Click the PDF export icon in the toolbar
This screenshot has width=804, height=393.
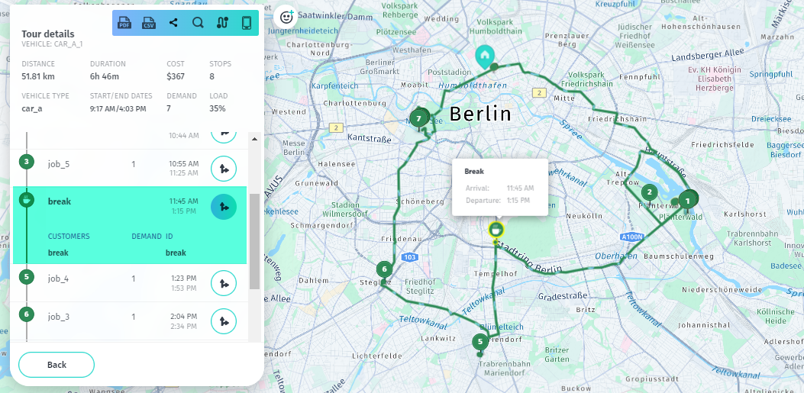(x=124, y=23)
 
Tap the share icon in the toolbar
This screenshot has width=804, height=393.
(x=173, y=23)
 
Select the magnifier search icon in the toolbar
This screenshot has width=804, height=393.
(x=198, y=23)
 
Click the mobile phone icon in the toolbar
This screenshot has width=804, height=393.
(x=247, y=23)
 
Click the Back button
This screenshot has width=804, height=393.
(x=57, y=365)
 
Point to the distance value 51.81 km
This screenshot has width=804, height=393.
(x=38, y=76)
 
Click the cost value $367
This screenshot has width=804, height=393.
(x=176, y=76)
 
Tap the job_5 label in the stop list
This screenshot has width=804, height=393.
(x=59, y=163)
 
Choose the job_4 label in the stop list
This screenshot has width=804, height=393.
(x=59, y=279)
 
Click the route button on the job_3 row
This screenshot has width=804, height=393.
(x=223, y=321)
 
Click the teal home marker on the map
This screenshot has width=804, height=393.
(x=484, y=56)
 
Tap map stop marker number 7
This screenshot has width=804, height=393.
(x=418, y=118)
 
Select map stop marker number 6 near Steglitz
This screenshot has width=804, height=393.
(x=384, y=269)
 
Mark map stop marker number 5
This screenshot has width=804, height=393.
(x=479, y=342)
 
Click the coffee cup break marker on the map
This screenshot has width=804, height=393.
(x=496, y=229)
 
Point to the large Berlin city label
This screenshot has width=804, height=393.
(x=480, y=114)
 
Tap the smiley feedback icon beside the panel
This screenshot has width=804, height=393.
(x=286, y=16)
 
